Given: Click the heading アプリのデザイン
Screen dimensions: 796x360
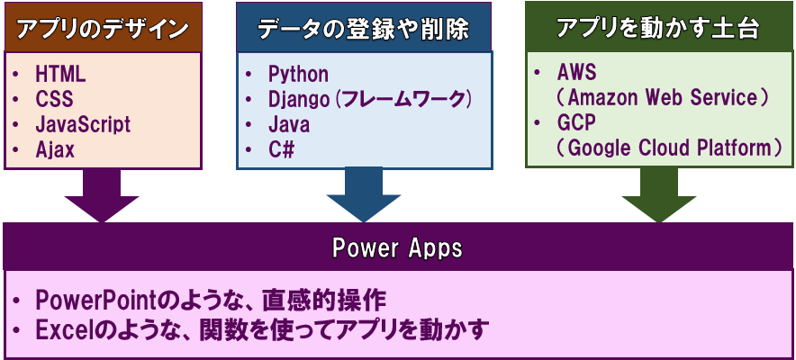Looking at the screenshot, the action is click(103, 30).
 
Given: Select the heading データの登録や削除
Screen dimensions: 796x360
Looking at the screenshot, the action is click(364, 30).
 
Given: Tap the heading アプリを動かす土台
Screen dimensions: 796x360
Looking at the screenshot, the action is click(658, 29).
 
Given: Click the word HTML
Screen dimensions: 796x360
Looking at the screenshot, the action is click(60, 75).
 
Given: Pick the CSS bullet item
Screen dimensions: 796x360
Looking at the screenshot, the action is click(54, 99).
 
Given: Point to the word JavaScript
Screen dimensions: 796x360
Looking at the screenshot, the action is click(83, 125).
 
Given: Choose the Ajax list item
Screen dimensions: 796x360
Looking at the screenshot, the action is click(55, 149).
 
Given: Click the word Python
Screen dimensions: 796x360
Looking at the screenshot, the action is click(298, 75).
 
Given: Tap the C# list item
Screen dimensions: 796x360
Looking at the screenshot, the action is click(281, 149).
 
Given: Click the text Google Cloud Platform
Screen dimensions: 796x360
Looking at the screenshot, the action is click(670, 148).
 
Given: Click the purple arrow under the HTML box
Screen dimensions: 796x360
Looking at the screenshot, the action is click(102, 195).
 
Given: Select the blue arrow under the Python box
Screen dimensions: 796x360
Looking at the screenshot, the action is click(364, 194).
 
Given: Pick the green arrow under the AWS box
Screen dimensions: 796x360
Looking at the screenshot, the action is click(659, 195).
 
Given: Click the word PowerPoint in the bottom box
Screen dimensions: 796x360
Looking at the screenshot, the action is click(97, 301).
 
